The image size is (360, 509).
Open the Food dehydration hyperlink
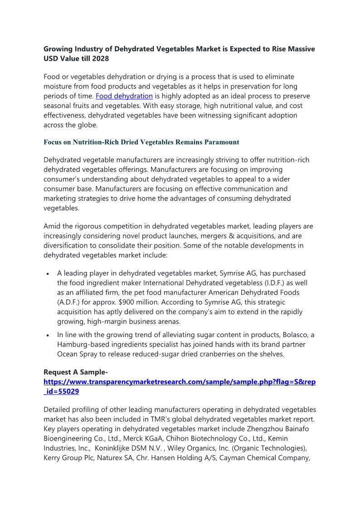click(124, 96)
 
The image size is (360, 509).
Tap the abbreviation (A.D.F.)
click(70, 302)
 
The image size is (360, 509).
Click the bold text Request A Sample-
click(75, 372)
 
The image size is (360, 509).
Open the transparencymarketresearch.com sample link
click(180, 382)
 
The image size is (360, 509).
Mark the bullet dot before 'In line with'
click(48, 335)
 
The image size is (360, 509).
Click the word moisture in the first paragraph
click(58, 86)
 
